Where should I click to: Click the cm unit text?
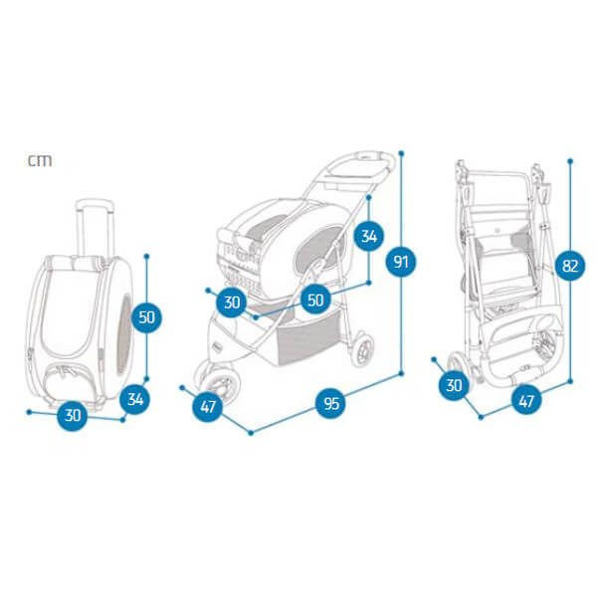pyautogui.click(x=40, y=159)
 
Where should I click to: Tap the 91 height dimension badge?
pyautogui.click(x=401, y=263)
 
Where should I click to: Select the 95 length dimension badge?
pyautogui.click(x=330, y=403)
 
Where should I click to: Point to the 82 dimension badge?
pyautogui.click(x=571, y=266)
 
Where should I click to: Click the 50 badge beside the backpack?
pyautogui.click(x=147, y=317)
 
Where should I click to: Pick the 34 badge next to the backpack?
pyautogui.click(x=136, y=400)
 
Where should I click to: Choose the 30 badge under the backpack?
pyautogui.click(x=73, y=416)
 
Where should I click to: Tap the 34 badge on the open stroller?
pyautogui.click(x=369, y=236)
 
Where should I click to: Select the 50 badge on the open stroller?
pyautogui.click(x=316, y=299)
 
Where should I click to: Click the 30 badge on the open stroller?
pyautogui.click(x=232, y=301)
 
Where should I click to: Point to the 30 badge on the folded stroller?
pyautogui.click(x=456, y=385)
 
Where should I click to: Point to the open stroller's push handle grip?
pyautogui.click(x=370, y=156)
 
